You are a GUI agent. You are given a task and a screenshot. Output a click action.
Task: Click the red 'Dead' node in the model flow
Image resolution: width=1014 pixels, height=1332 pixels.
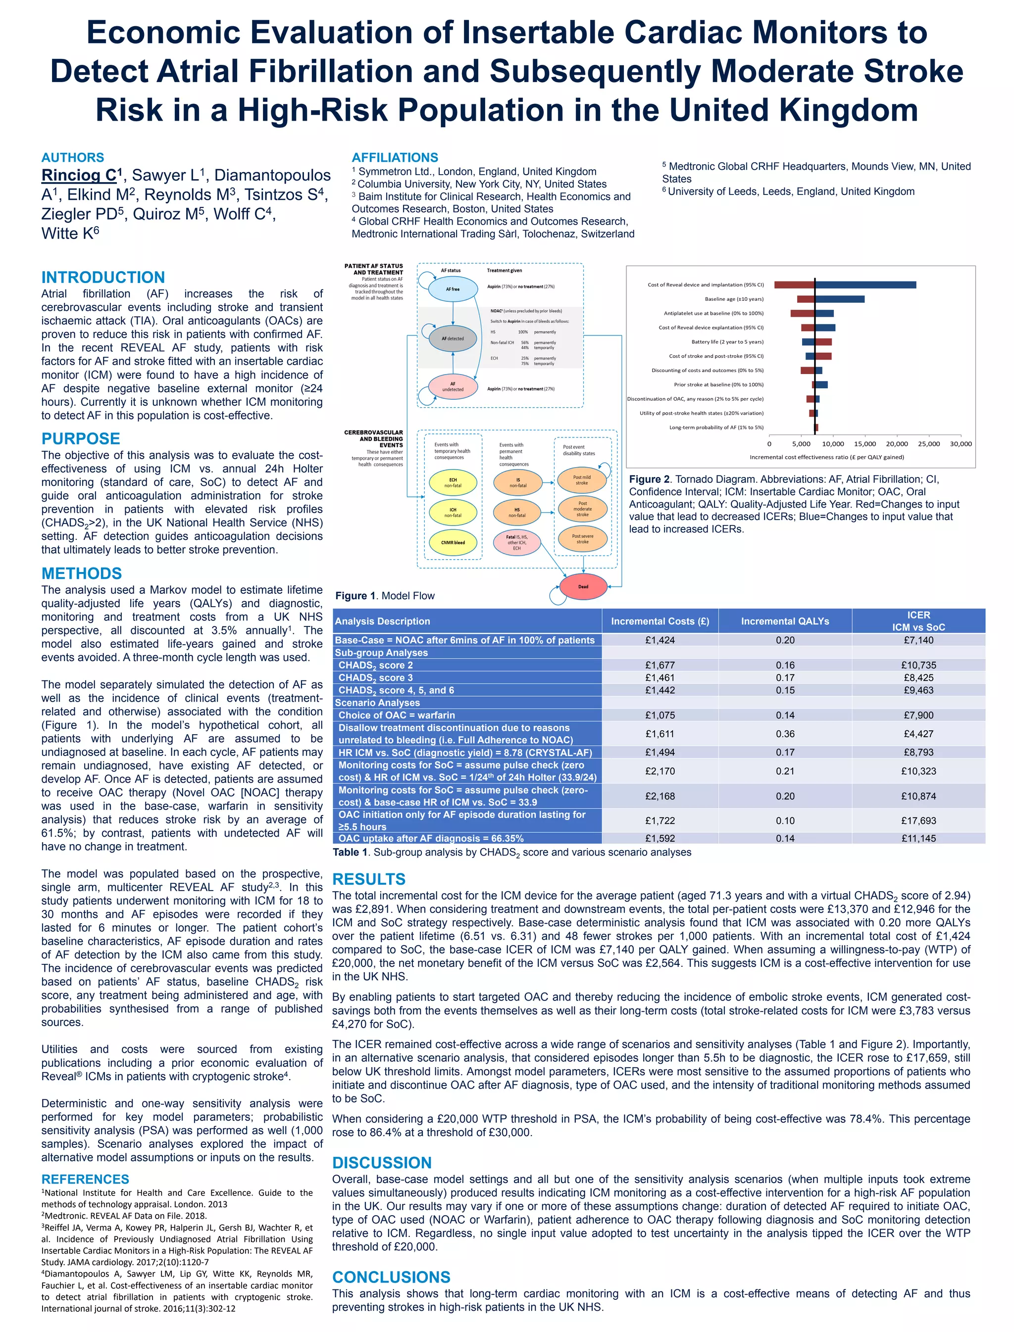tap(583, 586)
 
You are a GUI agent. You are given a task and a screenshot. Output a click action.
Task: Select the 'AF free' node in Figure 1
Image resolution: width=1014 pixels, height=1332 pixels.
tap(453, 289)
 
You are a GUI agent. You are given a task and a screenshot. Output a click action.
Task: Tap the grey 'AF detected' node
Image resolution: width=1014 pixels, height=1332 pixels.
tap(453, 338)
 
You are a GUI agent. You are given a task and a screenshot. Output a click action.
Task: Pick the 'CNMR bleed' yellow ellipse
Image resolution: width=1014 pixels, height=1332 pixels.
tap(453, 542)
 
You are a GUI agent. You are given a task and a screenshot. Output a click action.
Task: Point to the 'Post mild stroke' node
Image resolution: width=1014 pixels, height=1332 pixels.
tap(582, 480)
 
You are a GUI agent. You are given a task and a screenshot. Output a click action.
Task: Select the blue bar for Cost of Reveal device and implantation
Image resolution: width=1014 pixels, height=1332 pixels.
tap(865, 285)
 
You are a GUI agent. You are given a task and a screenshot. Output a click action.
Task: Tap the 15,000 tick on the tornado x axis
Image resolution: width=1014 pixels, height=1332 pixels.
tap(865, 444)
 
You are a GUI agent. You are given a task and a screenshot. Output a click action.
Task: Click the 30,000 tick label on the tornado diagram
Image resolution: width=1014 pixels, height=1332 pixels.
tap(961, 444)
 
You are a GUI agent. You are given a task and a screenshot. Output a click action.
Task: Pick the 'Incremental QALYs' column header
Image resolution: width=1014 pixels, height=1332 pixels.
tap(785, 621)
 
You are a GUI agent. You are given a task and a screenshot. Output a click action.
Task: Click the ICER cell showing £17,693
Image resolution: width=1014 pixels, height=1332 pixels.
tap(918, 820)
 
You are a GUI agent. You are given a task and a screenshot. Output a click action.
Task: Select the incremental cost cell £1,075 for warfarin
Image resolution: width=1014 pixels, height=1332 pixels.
tap(659, 715)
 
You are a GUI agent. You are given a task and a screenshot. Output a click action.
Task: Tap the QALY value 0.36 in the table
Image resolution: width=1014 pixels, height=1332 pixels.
tap(785, 734)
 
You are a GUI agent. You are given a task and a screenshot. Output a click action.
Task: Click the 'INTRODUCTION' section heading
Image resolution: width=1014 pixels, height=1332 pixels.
tap(102, 278)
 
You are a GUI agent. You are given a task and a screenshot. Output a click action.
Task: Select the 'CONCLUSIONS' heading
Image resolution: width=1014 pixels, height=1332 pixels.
tap(391, 1277)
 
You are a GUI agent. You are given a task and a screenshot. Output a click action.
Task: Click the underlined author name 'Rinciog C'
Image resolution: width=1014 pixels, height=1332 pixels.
tap(78, 176)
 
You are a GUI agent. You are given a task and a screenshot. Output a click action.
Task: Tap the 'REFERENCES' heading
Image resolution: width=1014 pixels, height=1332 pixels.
tap(85, 1180)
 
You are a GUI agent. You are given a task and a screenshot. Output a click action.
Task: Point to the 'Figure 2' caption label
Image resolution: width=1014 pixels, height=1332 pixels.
tap(650, 479)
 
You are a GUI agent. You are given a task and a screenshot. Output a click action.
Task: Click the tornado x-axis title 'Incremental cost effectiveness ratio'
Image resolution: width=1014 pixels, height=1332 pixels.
tap(826, 457)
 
